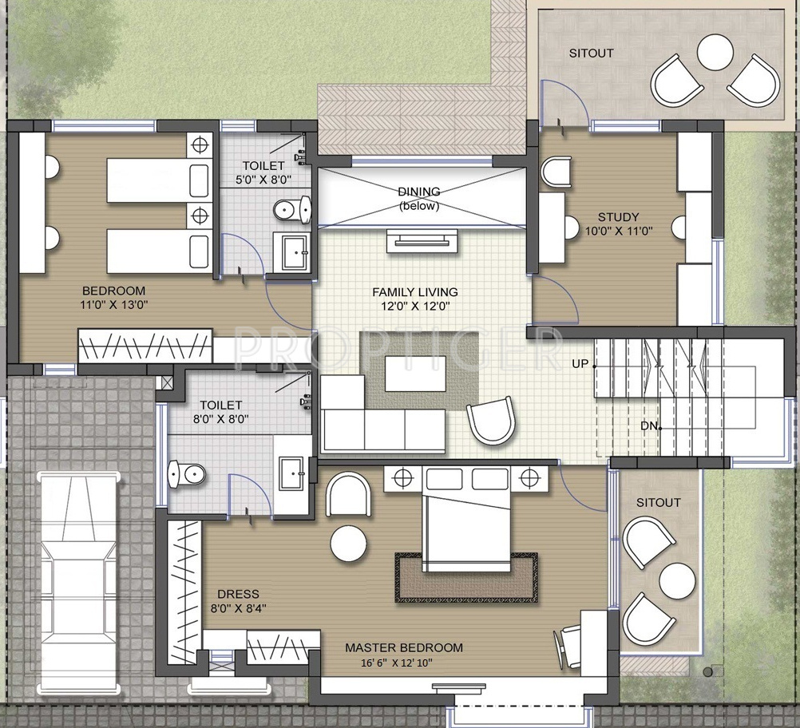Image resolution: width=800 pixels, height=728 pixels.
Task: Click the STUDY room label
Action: [619, 217]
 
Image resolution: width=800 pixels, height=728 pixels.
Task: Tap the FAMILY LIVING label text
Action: [415, 292]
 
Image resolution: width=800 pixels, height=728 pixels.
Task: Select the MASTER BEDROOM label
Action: [404, 648]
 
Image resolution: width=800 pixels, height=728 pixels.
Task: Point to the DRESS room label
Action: [238, 595]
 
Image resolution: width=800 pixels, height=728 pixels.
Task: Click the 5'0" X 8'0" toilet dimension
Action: [263, 180]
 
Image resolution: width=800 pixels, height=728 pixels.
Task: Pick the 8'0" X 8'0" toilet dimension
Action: [221, 419]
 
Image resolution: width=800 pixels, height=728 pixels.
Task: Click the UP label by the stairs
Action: [580, 364]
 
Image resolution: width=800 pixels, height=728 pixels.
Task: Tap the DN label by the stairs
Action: [649, 425]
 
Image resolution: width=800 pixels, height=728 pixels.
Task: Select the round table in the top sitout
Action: [715, 52]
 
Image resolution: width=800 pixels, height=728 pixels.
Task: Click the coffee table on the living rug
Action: [415, 374]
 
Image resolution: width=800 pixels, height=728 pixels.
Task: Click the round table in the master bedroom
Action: [348, 544]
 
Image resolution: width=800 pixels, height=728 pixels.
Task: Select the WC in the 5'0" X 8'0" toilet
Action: [292, 209]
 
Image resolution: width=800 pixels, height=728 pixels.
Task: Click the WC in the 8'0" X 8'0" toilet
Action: [186, 474]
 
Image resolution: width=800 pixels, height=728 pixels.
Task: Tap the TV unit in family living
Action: [422, 241]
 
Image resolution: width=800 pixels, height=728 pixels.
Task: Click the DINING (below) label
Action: [419, 199]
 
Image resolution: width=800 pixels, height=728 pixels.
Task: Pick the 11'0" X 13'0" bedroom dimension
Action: [114, 305]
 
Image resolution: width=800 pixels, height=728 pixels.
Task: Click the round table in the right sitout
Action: [677, 581]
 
